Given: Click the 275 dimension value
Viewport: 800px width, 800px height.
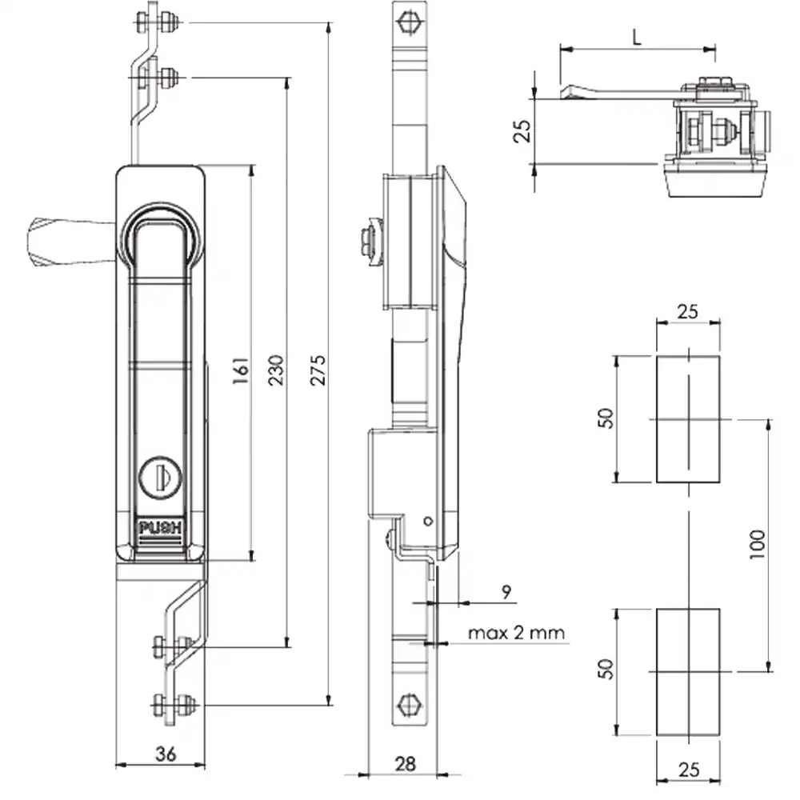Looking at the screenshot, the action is [318, 370].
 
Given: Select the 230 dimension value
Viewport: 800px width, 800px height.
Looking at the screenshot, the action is [275, 370].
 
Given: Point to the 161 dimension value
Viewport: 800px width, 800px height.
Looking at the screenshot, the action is [241, 370].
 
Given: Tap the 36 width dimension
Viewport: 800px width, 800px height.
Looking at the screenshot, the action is [166, 754].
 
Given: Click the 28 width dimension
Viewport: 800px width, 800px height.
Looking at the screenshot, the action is [405, 764].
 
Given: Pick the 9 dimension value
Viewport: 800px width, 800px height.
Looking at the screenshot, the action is [506, 592].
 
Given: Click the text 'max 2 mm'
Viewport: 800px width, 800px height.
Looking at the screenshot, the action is [516, 633].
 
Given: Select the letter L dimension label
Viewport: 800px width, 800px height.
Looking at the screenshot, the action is [637, 37].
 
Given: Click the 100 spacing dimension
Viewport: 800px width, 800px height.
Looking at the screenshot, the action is [758, 544].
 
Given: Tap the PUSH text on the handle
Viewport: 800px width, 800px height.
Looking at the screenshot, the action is [160, 527].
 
